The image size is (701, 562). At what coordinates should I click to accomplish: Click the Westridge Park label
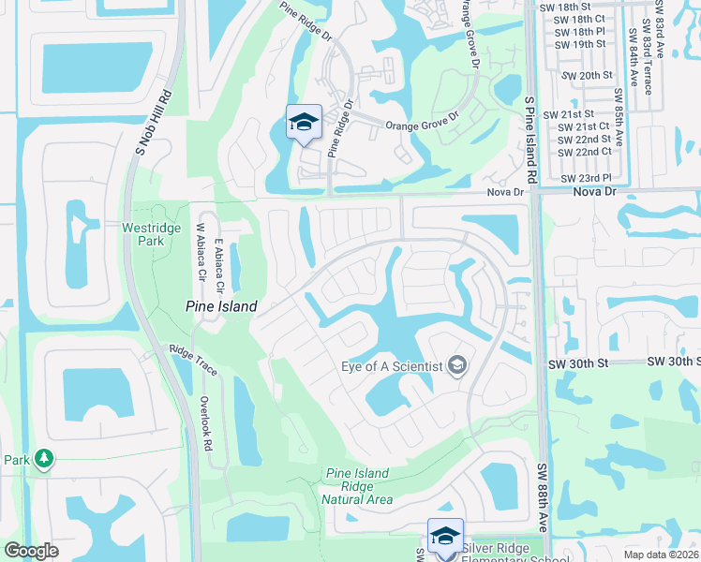143,234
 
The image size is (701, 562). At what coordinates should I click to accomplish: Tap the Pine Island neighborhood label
216,305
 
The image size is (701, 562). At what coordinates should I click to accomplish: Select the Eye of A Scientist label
393,366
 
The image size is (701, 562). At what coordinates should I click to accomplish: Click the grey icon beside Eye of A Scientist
458,365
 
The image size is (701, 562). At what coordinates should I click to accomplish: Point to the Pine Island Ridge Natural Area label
356,487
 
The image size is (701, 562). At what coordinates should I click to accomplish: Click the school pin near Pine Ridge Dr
304,123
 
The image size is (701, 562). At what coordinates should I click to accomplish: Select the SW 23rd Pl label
586,178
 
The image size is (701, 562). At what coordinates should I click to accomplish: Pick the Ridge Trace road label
193,361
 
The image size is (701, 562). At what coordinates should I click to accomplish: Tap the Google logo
31,552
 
